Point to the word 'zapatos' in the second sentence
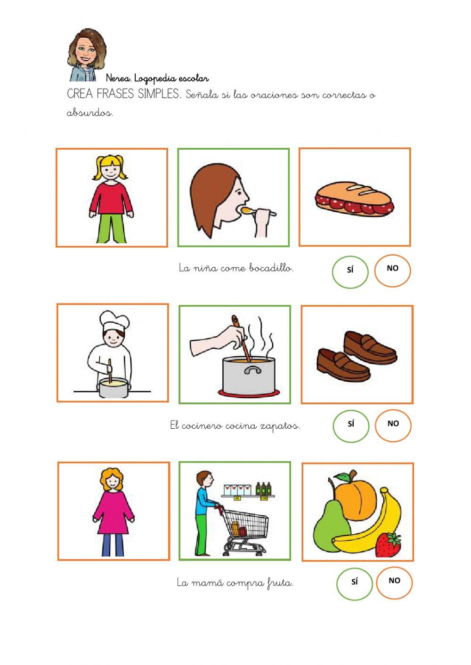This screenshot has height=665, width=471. [x=280, y=426]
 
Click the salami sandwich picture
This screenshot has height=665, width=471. [x=355, y=198]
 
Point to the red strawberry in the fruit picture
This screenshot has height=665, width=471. [x=388, y=544]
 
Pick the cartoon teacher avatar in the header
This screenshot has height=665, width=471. [x=87, y=55]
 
